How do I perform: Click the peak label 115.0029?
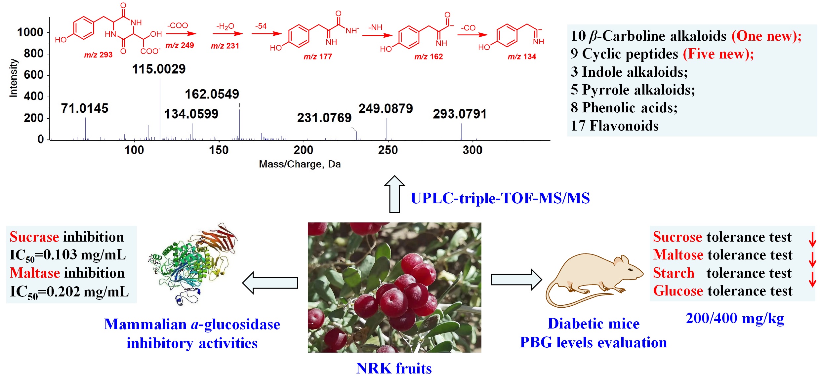(159, 69)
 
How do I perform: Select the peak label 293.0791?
(460, 114)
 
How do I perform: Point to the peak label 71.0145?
(85, 108)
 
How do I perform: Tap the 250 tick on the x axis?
(388, 150)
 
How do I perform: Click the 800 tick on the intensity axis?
(33, 54)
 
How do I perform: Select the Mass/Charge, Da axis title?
(300, 164)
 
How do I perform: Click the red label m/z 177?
(318, 57)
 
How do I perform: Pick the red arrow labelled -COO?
(181, 33)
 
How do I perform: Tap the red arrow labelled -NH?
(377, 35)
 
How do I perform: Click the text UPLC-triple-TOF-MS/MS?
(500, 198)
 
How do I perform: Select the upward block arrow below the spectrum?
(394, 194)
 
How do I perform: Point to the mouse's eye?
(630, 270)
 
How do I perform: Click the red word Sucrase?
(34, 237)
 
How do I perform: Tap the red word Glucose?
(677, 291)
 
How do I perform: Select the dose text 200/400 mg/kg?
(735, 319)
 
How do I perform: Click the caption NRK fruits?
(394, 368)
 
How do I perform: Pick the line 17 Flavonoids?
(615, 126)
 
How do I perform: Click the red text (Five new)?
(718, 54)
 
